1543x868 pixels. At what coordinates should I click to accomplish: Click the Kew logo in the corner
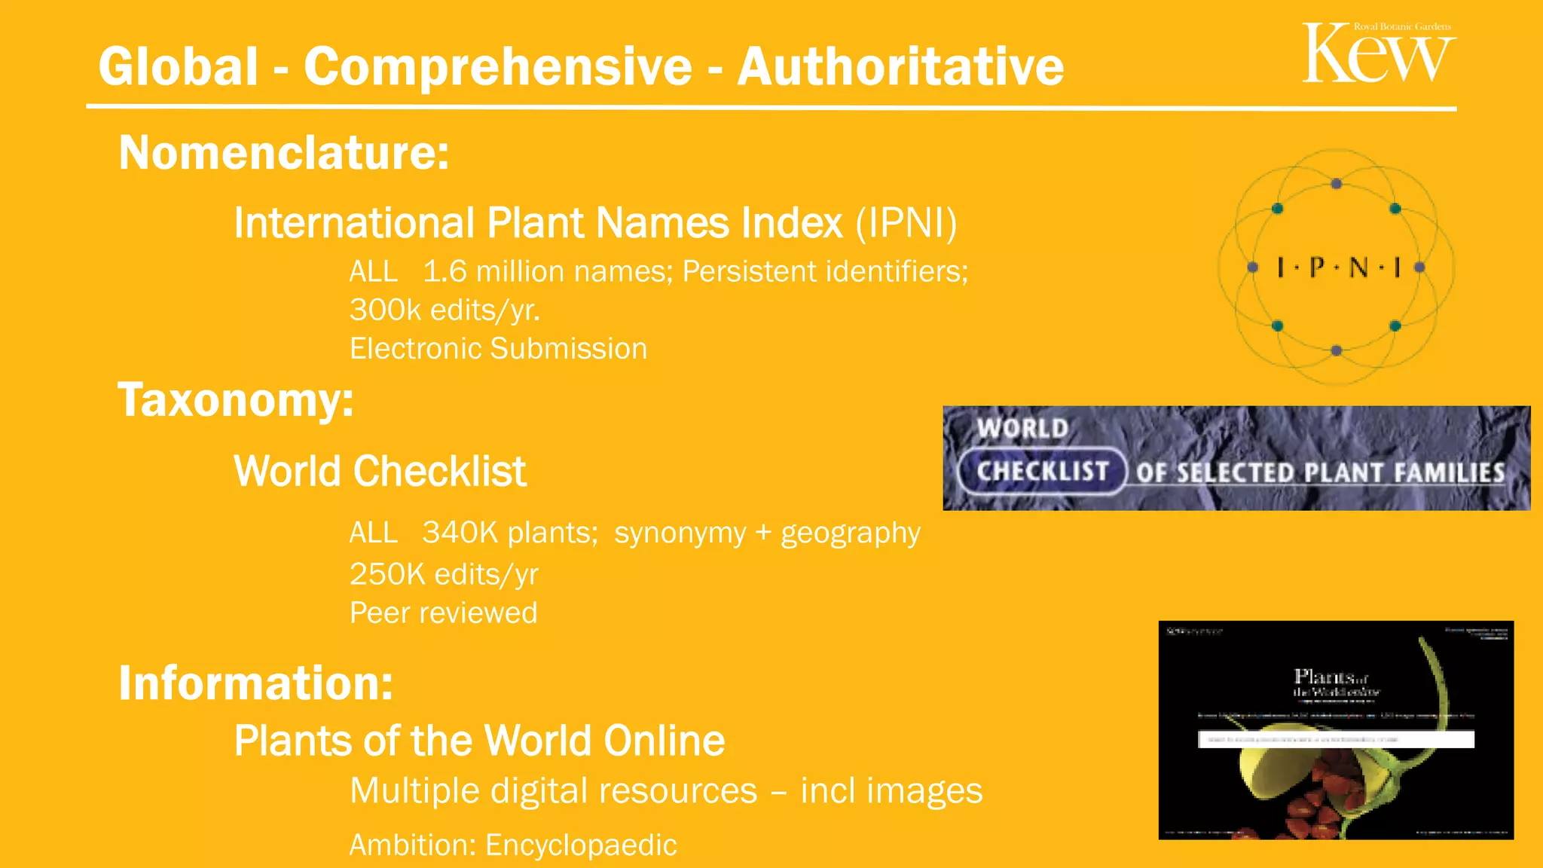point(1378,53)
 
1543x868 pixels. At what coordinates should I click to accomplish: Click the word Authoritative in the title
point(900,66)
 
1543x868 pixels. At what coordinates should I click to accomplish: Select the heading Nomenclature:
point(284,153)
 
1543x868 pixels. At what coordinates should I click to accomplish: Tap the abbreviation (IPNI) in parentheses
point(906,223)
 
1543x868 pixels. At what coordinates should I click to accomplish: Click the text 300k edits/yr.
point(445,310)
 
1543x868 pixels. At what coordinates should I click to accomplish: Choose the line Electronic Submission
point(498,349)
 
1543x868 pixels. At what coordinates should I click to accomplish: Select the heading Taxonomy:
point(236,399)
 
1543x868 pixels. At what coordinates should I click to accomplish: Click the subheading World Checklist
point(380,472)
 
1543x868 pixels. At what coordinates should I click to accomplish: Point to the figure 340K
point(460,533)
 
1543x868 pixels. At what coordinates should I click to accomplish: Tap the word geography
point(851,533)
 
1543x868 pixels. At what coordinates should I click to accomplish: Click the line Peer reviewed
point(443,613)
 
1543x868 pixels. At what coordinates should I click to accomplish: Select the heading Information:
point(256,683)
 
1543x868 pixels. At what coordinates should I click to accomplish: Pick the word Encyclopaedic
point(581,845)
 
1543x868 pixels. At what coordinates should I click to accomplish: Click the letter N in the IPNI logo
point(1358,267)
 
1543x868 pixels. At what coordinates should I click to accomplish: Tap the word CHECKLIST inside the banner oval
point(1043,472)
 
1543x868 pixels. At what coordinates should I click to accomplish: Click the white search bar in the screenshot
point(1336,739)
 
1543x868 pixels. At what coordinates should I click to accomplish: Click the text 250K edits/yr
point(444,574)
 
